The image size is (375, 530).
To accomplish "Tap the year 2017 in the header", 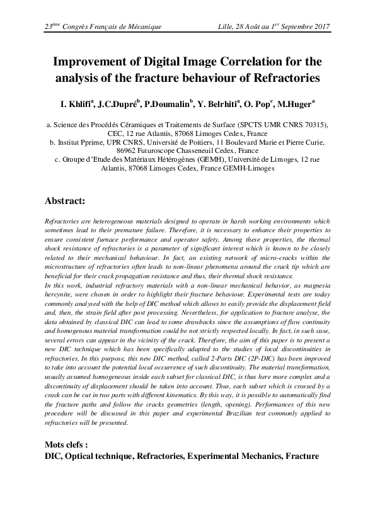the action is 320,27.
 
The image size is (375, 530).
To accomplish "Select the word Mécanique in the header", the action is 144,27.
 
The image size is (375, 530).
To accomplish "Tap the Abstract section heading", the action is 67,202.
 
